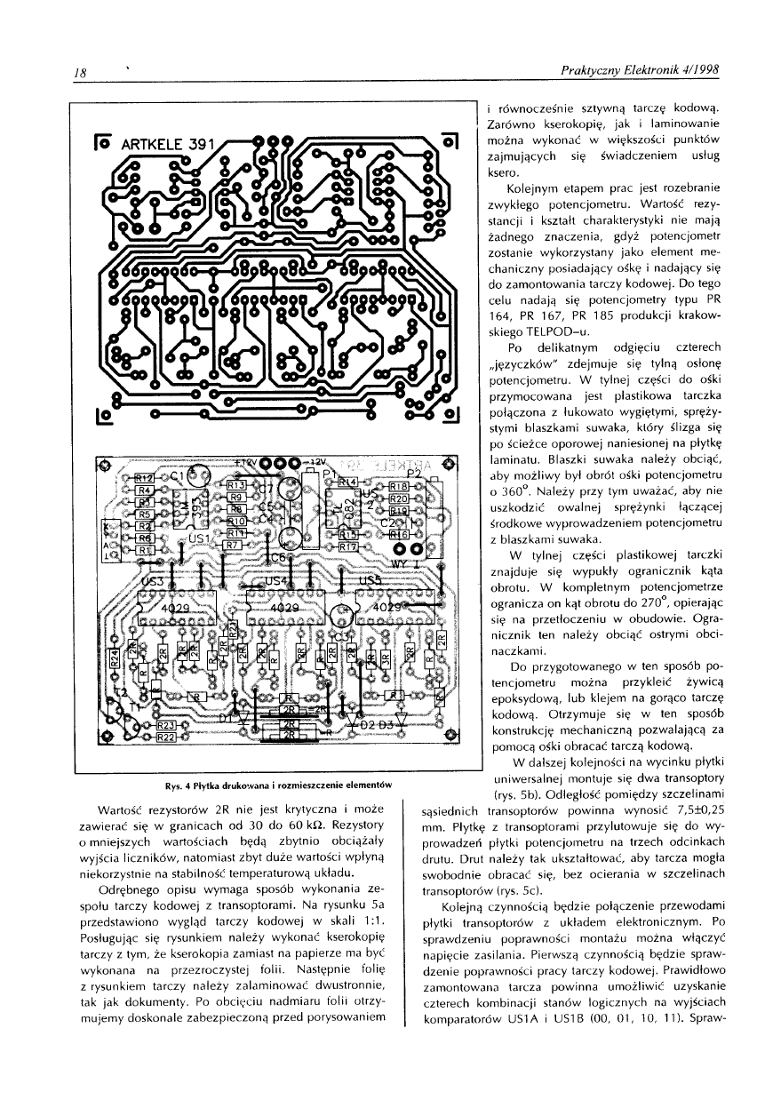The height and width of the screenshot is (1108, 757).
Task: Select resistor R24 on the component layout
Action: pyautogui.click(x=115, y=658)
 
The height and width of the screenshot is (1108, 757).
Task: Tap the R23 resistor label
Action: pyautogui.click(x=166, y=726)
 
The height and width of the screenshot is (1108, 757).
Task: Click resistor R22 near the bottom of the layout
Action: pyautogui.click(x=166, y=737)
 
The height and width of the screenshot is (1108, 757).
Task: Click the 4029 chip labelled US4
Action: pyautogui.click(x=283, y=607)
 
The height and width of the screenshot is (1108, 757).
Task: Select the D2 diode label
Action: pyautogui.click(x=363, y=724)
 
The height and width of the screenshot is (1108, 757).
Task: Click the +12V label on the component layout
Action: pyautogui.click(x=244, y=463)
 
